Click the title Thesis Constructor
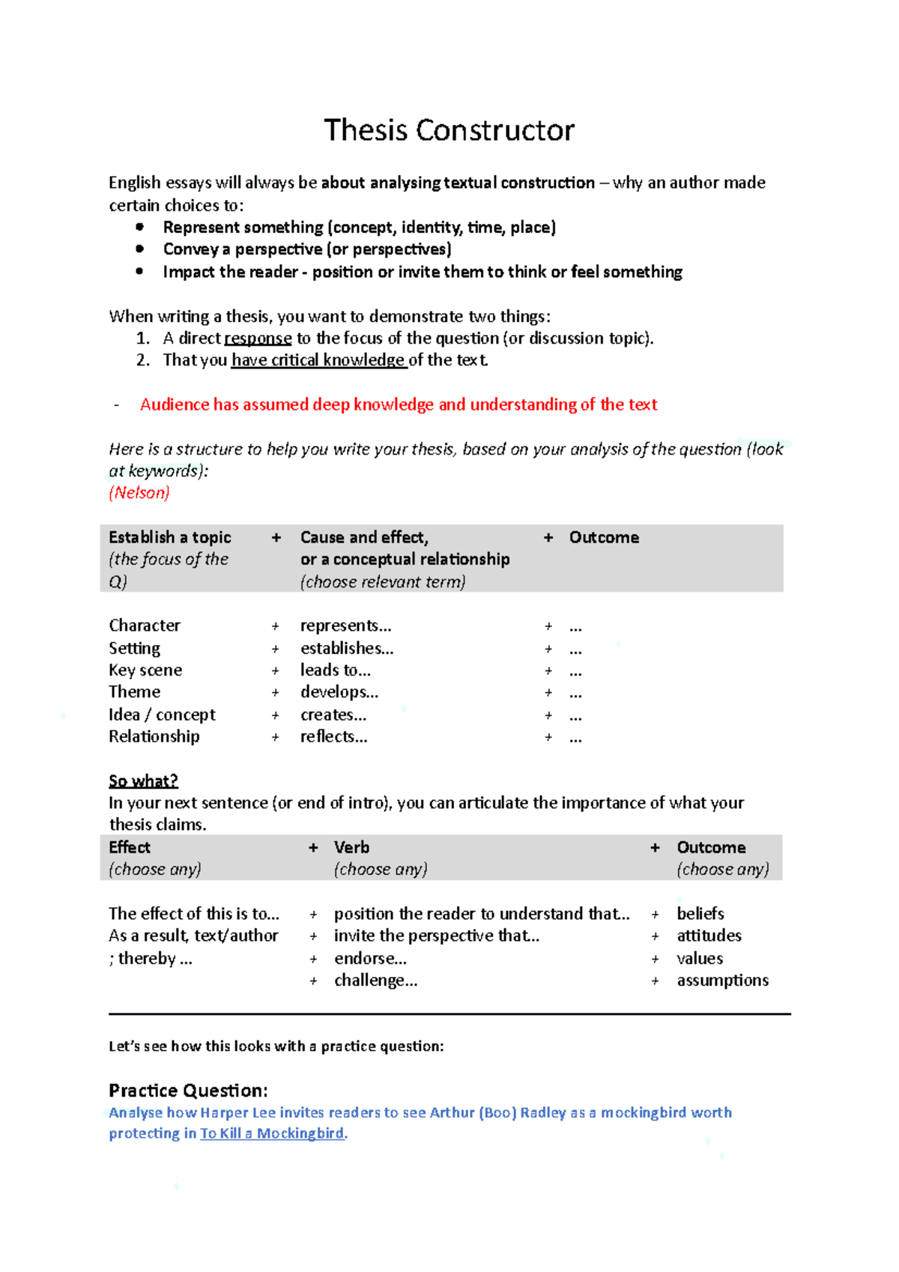point(449,130)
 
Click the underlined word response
point(258,339)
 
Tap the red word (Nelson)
point(139,493)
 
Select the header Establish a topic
point(169,537)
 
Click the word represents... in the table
point(345,626)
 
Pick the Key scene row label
point(145,670)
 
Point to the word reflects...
point(333,736)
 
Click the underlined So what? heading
point(143,781)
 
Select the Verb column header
point(351,847)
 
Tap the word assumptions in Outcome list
point(722,981)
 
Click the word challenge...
point(375,981)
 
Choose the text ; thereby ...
point(150,959)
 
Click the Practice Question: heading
point(188,1090)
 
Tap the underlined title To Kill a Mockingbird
point(272,1133)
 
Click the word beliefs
point(700,914)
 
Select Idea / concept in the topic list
point(162,715)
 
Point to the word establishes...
point(347,648)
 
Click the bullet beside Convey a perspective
point(140,249)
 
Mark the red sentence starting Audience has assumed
point(398,405)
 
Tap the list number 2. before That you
point(143,360)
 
